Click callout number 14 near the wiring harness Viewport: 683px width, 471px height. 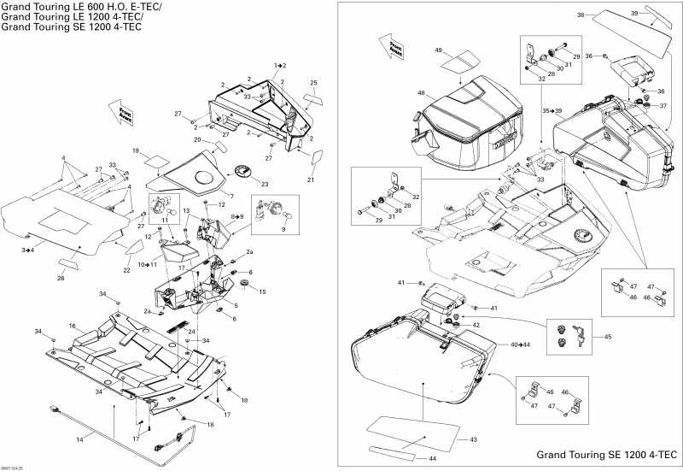tap(80, 439)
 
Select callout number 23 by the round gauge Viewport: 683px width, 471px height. tap(265, 184)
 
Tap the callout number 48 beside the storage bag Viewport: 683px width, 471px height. tap(421, 93)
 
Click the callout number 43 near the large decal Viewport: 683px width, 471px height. tap(474, 439)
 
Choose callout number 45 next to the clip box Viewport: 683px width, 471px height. tap(608, 337)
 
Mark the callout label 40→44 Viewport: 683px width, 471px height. tap(521, 344)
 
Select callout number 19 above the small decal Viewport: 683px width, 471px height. tap(135, 150)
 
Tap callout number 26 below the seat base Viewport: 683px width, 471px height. tap(60, 277)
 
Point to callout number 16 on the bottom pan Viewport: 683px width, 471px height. tap(73, 326)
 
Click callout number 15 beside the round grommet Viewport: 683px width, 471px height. tap(262, 291)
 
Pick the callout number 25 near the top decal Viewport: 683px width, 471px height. tap(313, 83)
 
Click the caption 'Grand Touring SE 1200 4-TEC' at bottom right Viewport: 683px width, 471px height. tap(607, 455)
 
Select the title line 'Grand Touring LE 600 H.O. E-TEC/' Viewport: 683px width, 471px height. tap(81, 7)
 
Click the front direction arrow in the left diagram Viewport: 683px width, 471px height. tap(120, 111)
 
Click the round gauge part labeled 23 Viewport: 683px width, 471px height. tap(242, 173)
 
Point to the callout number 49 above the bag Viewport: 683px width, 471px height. tap(439, 50)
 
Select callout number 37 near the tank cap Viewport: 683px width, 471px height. tap(663, 106)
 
